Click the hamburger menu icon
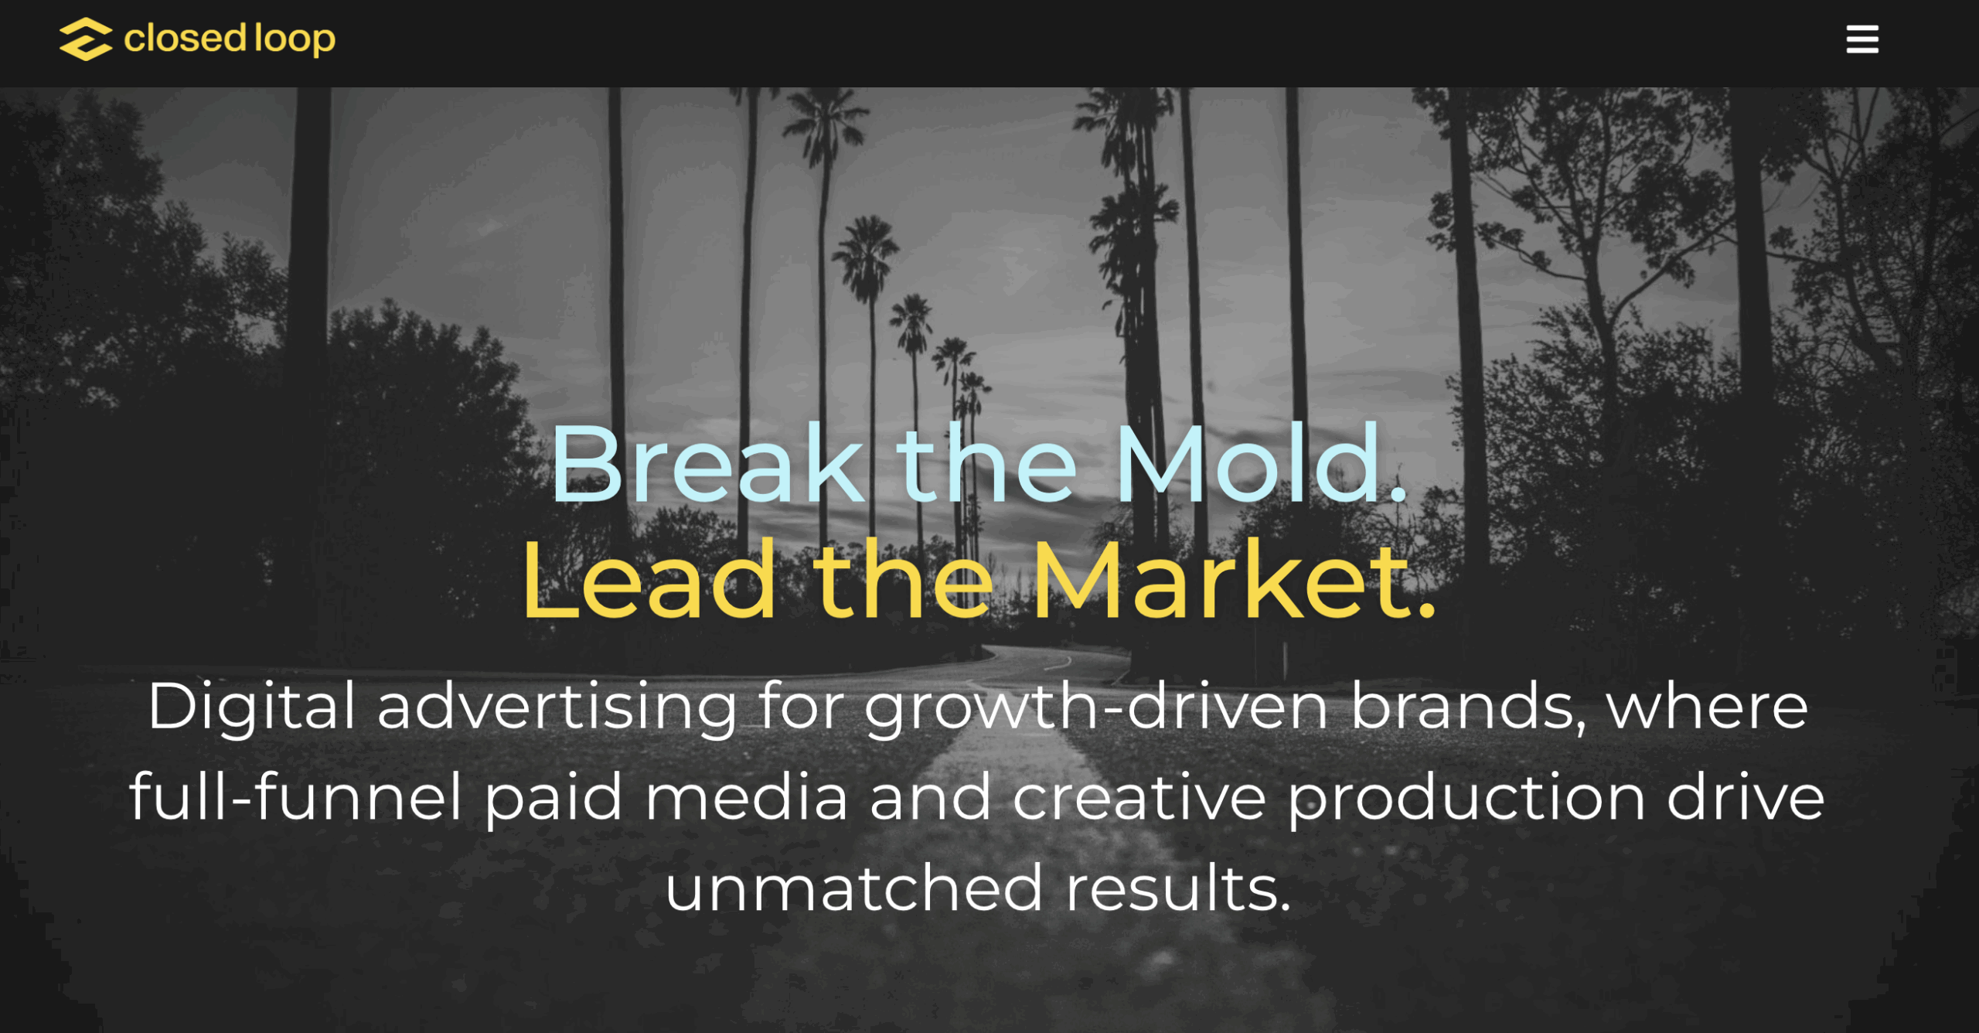click(x=1862, y=39)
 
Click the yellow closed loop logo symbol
click(x=86, y=39)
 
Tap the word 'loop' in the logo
click(x=295, y=40)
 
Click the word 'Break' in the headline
click(x=707, y=464)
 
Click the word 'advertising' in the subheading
click(x=557, y=707)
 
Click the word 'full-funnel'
click(x=295, y=796)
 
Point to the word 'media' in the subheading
click(x=746, y=798)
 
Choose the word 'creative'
click(x=1139, y=798)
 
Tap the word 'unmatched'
click(x=854, y=888)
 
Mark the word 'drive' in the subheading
click(x=1746, y=796)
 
